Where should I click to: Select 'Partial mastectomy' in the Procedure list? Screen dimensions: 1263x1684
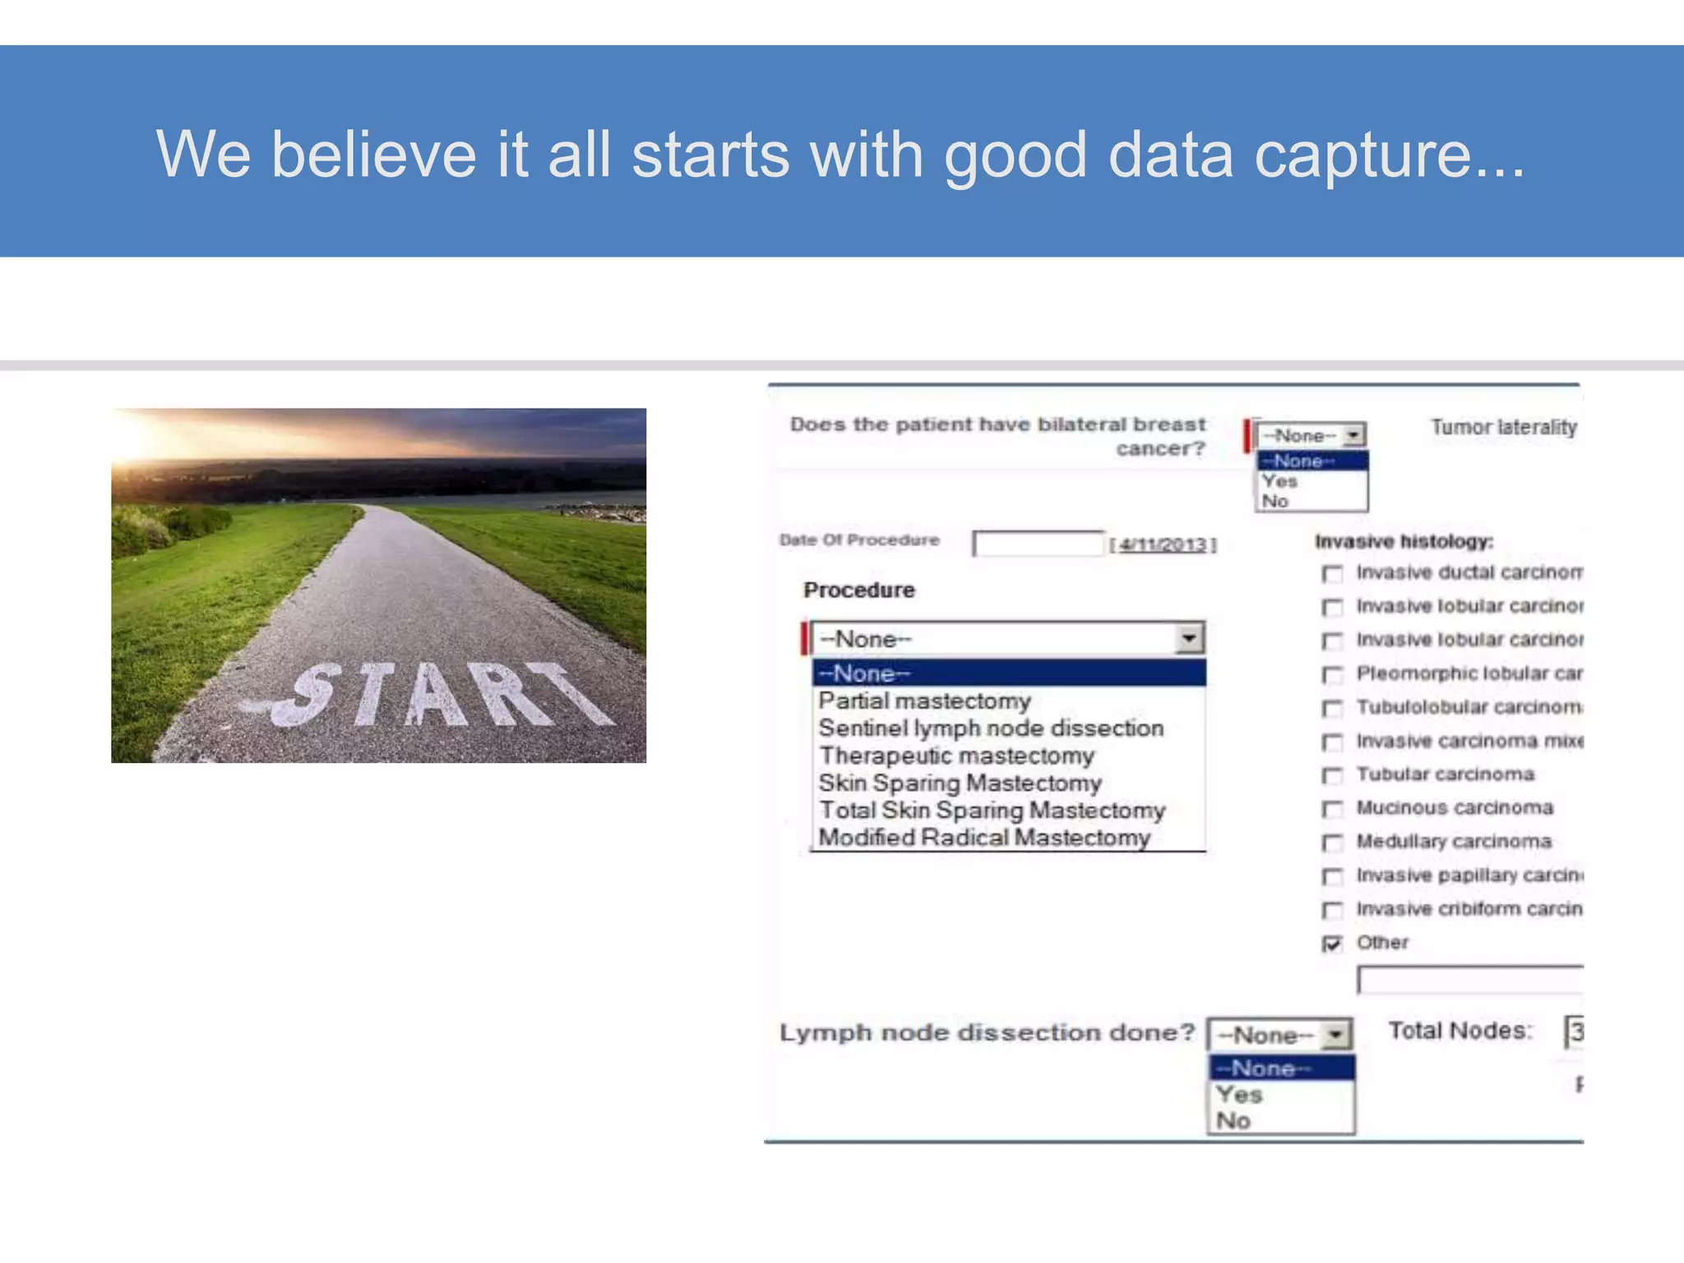click(924, 701)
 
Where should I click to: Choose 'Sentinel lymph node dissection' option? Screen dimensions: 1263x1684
click(991, 729)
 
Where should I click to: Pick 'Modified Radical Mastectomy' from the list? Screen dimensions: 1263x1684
click(984, 838)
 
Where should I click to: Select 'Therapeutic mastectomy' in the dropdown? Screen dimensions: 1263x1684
click(956, 756)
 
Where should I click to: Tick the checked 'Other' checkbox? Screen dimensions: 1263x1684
click(1332, 944)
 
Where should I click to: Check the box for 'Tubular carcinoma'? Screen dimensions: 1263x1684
click(1332, 776)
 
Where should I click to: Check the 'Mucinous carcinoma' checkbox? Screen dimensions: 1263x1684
click(1332, 810)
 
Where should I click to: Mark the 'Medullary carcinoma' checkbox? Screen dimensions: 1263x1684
click(1332, 844)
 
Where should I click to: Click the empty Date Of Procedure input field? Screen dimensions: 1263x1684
click(1038, 544)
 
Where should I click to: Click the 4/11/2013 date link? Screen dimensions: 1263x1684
click(1163, 544)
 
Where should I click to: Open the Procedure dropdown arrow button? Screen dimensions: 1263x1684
click(1189, 639)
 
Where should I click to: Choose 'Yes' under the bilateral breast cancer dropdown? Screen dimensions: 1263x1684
click(1279, 482)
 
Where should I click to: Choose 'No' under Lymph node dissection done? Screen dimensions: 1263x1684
click(1233, 1121)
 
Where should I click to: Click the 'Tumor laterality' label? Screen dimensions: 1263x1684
click(1503, 428)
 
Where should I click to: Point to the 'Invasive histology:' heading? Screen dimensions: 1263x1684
click(1404, 542)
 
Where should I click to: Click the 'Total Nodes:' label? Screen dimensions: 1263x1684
click(1460, 1031)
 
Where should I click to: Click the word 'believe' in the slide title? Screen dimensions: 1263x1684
click(373, 155)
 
